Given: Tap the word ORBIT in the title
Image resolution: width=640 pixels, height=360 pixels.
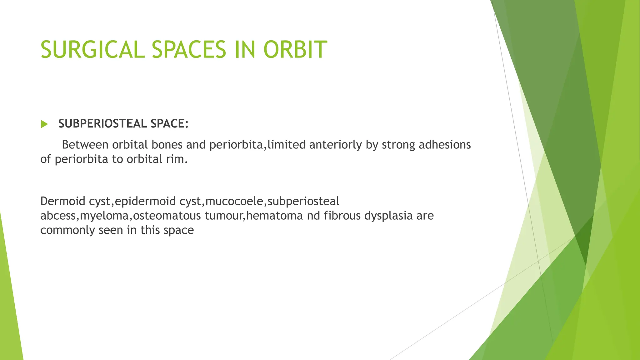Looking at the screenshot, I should click(295, 49).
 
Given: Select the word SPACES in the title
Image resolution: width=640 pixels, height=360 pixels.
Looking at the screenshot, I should click(189, 49).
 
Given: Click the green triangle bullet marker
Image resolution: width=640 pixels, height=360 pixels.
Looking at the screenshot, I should click(44, 124).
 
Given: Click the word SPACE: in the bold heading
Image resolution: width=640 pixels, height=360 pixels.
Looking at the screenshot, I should click(169, 124).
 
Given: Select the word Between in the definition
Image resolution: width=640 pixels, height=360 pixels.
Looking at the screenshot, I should click(85, 145).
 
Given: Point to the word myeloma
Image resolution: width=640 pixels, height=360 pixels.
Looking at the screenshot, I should click(105, 216).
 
